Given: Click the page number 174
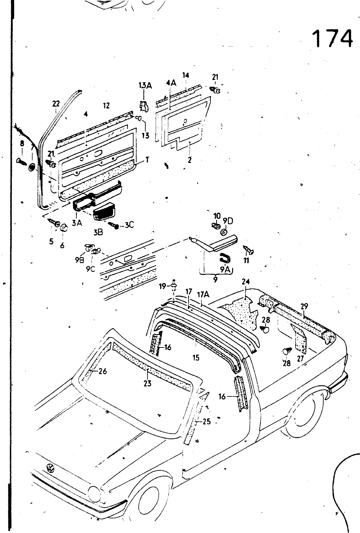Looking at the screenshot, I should point(332,38).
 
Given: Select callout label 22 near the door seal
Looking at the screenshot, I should point(56,104).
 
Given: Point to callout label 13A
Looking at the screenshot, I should point(145,86).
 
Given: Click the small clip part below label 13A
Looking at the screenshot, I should point(144,106).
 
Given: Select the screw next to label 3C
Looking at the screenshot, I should point(115,226).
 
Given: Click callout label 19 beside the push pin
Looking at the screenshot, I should point(162,286).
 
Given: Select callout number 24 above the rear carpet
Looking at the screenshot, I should point(246,281).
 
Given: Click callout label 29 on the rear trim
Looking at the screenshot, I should point(304,306).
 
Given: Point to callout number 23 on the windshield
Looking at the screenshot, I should point(147,383).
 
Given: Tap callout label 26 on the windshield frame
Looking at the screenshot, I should point(103,371).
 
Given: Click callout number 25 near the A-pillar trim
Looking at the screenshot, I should point(206,421).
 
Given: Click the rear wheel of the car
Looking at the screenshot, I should point(301,416).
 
